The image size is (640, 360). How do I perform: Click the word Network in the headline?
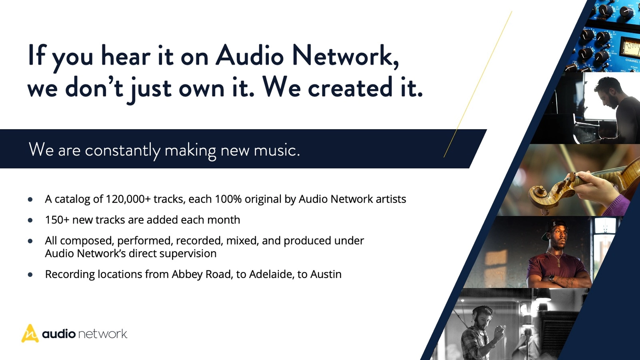(345, 56)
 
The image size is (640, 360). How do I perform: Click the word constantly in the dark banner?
(122, 150)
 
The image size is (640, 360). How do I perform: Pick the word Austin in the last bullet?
(326, 275)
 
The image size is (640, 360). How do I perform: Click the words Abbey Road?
(202, 275)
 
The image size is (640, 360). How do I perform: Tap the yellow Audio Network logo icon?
(30, 334)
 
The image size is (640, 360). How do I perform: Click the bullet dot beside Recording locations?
(30, 275)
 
